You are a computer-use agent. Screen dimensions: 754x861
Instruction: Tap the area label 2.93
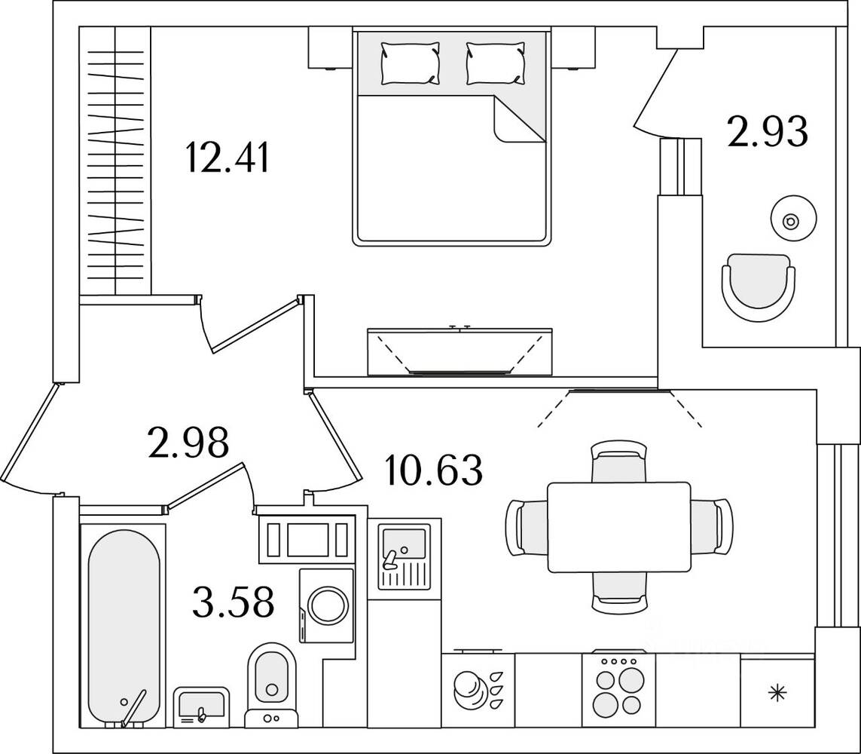point(768,132)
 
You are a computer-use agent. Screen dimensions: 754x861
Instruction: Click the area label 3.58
point(232,602)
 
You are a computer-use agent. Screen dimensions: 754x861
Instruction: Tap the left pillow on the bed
point(410,63)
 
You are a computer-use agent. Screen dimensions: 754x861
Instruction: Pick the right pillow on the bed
point(495,63)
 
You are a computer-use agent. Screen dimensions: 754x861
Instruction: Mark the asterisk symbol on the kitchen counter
point(777,691)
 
